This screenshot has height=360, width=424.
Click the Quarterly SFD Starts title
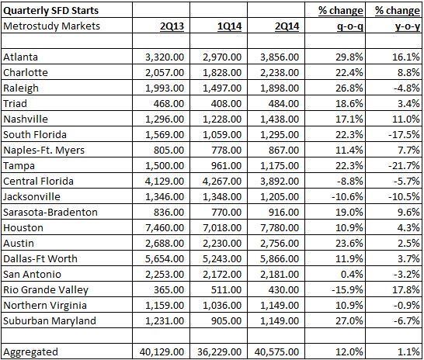(50, 11)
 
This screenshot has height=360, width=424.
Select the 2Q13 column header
(172, 26)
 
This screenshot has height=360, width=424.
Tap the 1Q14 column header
(229, 26)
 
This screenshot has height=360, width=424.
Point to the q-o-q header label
(350, 27)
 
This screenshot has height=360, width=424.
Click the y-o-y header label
(407, 27)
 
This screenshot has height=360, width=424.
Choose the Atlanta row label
(20, 57)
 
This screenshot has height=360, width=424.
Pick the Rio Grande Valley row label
(46, 290)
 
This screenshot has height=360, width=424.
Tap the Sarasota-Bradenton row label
(50, 213)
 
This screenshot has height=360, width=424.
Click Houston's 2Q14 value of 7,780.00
(280, 228)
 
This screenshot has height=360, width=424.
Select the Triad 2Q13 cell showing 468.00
(169, 104)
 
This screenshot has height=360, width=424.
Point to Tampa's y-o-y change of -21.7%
(404, 165)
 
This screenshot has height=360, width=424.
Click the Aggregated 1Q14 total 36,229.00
(219, 352)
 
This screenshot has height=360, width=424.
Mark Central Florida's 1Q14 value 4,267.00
(222, 182)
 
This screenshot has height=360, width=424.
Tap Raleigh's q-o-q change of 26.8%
(349, 88)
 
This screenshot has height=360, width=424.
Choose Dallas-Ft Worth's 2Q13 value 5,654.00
(165, 259)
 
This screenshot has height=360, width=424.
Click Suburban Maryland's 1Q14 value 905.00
(226, 321)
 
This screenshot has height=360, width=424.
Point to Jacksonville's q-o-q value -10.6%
(347, 197)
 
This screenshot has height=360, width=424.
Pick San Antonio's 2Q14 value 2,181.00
(280, 275)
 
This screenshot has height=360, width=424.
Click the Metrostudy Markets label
(51, 26)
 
